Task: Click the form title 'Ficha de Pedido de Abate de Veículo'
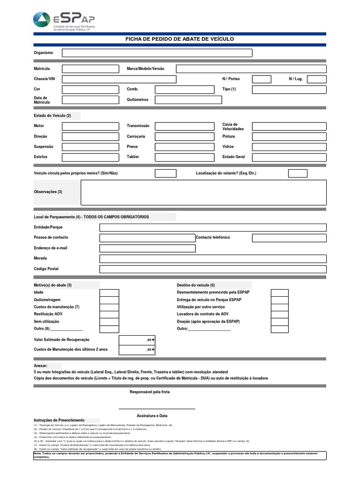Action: point(180,39)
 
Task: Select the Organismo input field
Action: point(157,53)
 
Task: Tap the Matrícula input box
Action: point(90,69)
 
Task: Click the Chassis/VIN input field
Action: point(119,79)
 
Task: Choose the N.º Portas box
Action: point(262,79)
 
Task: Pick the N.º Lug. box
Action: point(317,79)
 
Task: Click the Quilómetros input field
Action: point(188,100)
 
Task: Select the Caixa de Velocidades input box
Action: point(289,127)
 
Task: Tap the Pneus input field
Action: point(188,147)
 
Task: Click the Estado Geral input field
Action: point(289,157)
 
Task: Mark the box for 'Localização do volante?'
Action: point(298,173)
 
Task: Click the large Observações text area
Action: point(203,193)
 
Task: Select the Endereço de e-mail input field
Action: point(147,248)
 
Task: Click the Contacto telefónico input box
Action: point(289,238)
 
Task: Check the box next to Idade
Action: point(110,293)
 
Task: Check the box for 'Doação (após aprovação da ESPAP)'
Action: point(280,322)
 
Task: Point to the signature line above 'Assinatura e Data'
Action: point(157,408)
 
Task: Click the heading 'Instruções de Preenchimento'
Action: point(60,420)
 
